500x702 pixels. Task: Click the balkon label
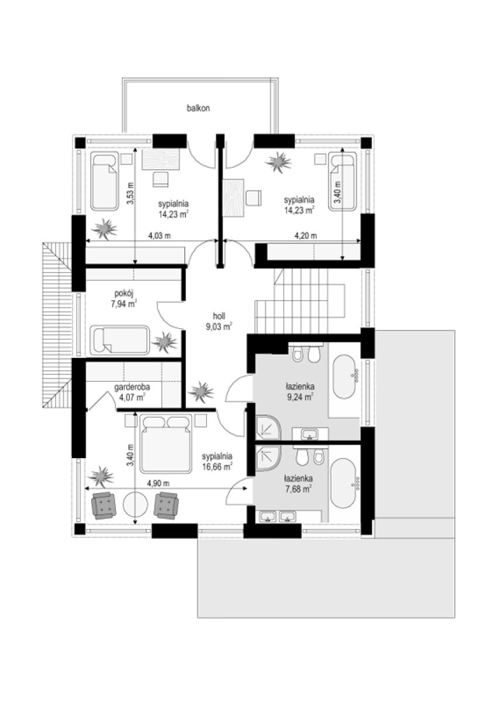pos(198,108)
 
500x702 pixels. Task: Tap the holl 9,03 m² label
pos(219,322)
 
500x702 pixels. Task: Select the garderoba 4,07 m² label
pos(132,393)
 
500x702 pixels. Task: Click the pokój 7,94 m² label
pos(124,299)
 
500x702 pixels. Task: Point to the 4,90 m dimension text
pos(158,483)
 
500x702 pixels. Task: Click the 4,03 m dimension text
pos(159,235)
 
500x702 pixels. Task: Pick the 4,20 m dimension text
pos(305,235)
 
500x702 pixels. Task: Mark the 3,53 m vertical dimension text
pos(130,194)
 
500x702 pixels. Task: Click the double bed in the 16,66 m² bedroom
pos(166,443)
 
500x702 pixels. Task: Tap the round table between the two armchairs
pos(135,504)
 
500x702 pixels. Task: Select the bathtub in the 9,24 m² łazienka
pos(345,377)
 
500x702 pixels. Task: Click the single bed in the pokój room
pos(120,340)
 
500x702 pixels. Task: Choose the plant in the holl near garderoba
pos(201,391)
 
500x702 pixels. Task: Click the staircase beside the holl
pos(300,301)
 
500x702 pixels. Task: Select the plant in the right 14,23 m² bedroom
pos(278,162)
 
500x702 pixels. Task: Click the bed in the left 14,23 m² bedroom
pos(105,181)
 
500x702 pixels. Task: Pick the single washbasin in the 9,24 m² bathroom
pos(310,434)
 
